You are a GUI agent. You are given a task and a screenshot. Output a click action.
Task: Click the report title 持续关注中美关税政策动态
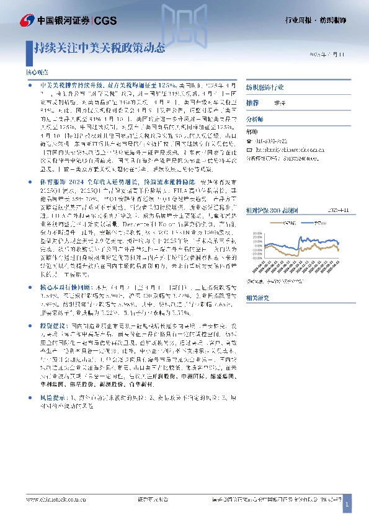pyautogui.click(x=100, y=46)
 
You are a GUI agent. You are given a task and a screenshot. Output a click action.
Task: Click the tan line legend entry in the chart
pyautogui.click(x=287, y=221)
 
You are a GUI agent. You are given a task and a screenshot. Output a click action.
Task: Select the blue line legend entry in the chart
pyautogui.click(x=323, y=221)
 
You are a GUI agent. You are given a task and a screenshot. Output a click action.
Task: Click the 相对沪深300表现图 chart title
pyautogui.click(x=271, y=210)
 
